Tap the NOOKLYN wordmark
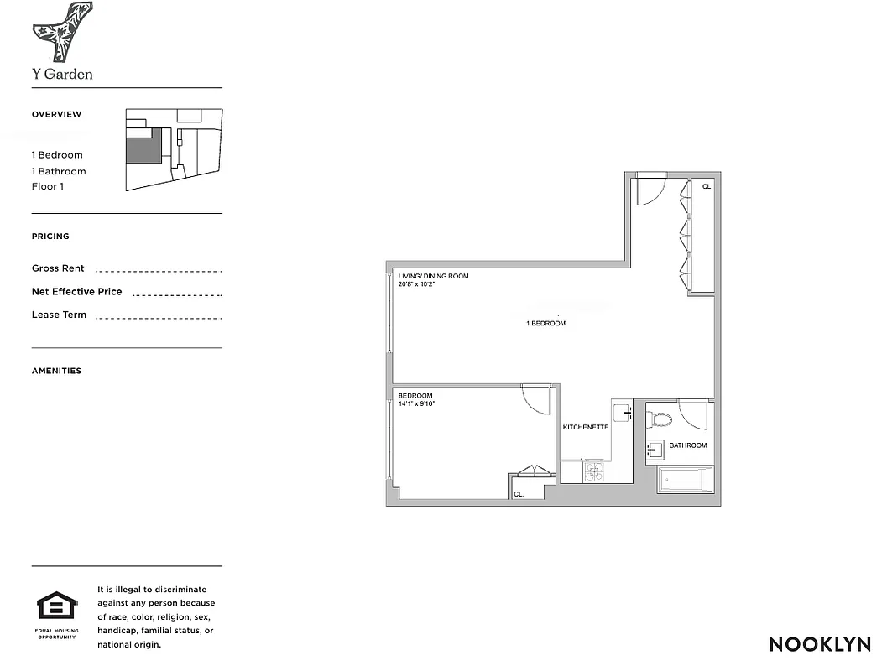[x=820, y=644]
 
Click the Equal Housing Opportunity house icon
[x=57, y=606]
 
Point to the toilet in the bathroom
[x=661, y=418]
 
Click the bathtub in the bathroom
[x=685, y=480]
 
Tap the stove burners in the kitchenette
[x=593, y=472]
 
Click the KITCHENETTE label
[x=585, y=427]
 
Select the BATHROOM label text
[x=687, y=445]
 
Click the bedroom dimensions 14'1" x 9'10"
[x=416, y=404]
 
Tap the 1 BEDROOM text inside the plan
[x=545, y=324]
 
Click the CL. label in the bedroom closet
[x=518, y=495]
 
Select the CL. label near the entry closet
[x=707, y=186]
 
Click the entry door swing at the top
[x=647, y=191]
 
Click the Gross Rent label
[x=58, y=268]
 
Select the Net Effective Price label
[x=76, y=292]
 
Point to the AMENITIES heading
[x=56, y=371]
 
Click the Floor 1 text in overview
[x=48, y=186]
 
